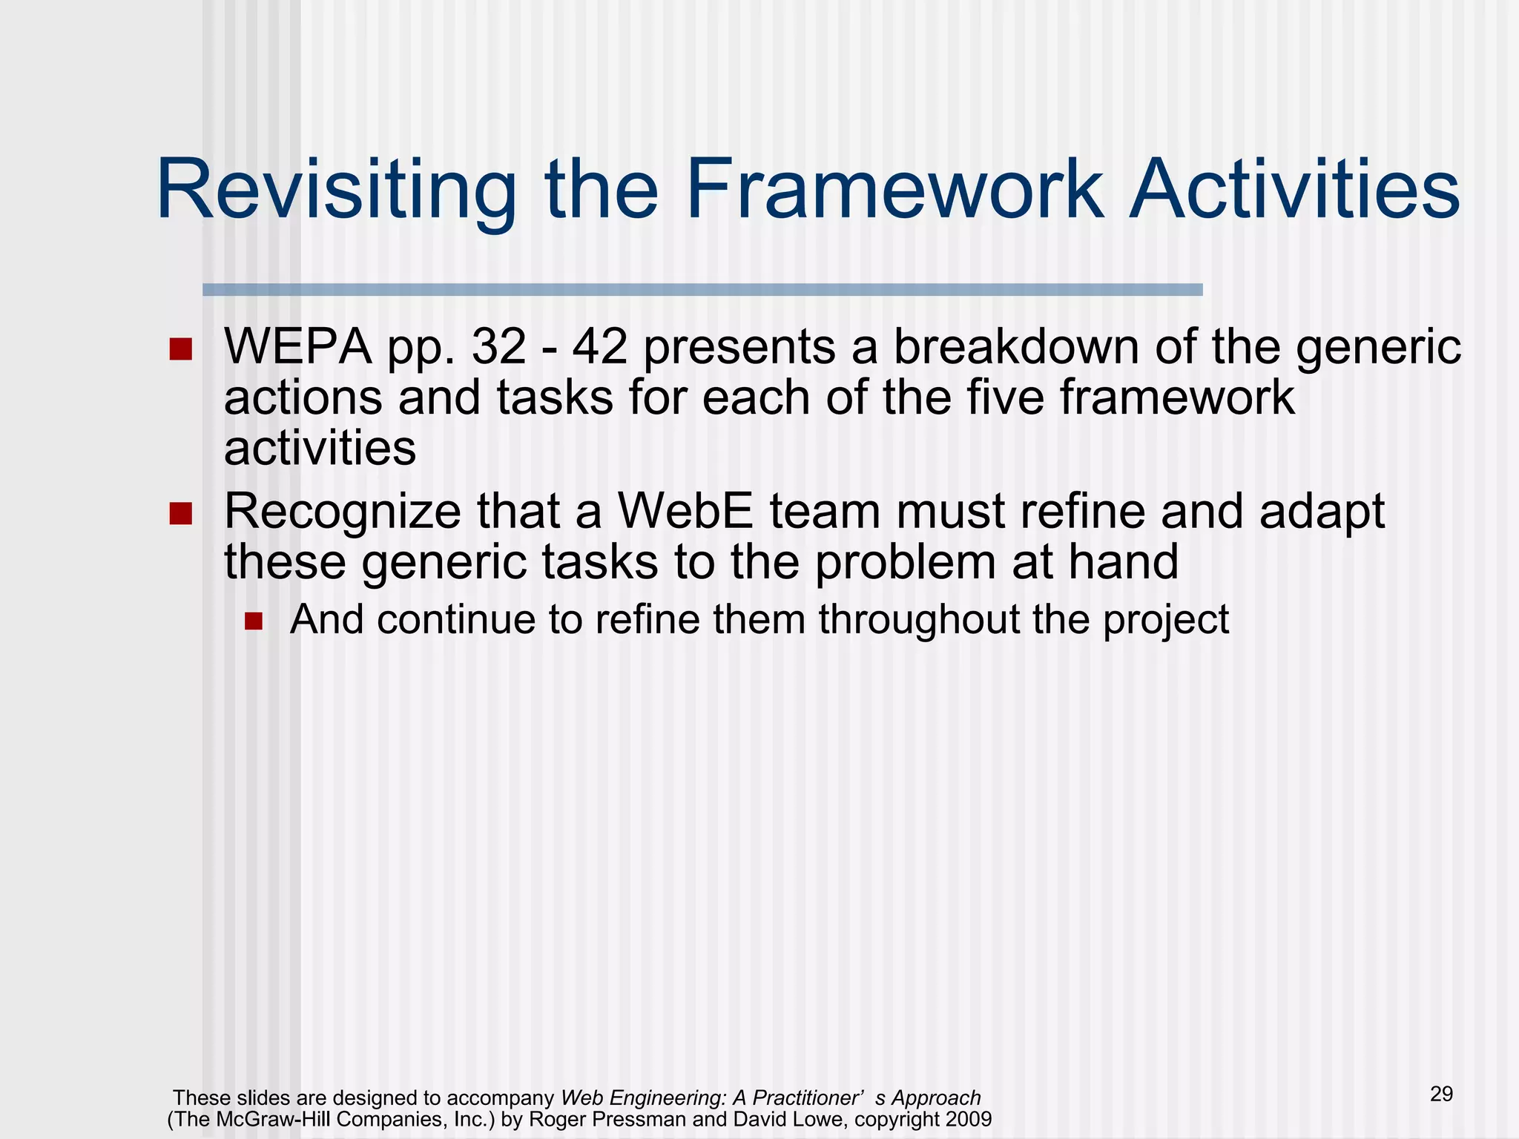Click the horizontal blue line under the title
[x=702, y=290]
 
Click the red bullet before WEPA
[x=180, y=349]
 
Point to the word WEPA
[x=297, y=347]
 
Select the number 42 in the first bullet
[x=599, y=347]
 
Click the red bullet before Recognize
[x=180, y=513]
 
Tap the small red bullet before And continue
[x=254, y=621]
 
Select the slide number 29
[x=1441, y=1094]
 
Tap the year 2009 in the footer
[x=968, y=1119]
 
